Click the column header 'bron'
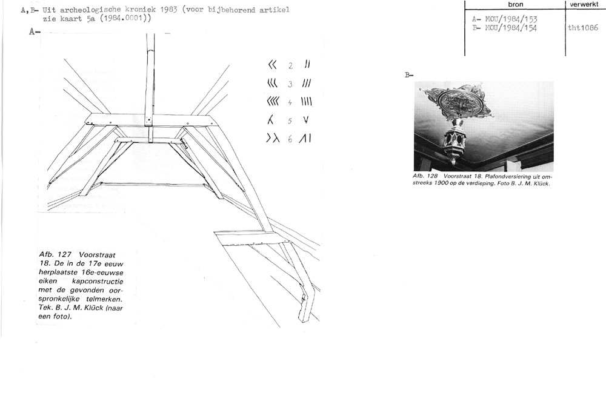[x=516, y=4]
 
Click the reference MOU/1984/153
[x=510, y=19]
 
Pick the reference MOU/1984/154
[x=510, y=28]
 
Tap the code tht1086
[x=583, y=28]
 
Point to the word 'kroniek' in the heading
[x=139, y=9]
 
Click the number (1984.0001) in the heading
[x=125, y=18]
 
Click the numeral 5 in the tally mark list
[x=290, y=121]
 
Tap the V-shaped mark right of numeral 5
[x=306, y=120]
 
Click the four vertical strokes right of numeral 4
[x=307, y=102]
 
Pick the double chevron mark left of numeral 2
[x=273, y=64]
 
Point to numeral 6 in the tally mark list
[x=290, y=139]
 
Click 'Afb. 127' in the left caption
[x=55, y=255]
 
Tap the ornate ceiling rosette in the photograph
[x=459, y=101]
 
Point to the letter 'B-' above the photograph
[x=409, y=75]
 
